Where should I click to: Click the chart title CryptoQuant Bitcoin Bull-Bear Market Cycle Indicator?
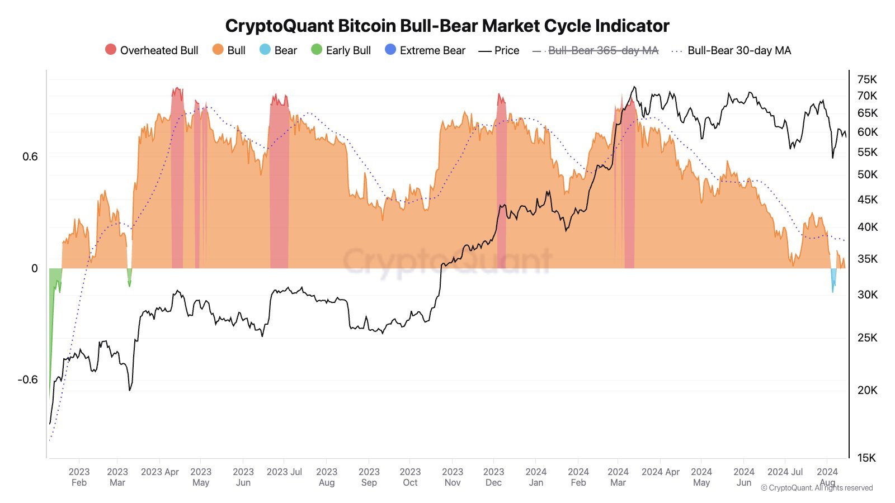click(447, 26)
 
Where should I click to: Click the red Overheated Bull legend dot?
click(111, 50)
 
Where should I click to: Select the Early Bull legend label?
click(348, 50)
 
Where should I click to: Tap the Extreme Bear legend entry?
click(432, 50)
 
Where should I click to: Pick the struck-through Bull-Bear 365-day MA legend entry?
click(603, 50)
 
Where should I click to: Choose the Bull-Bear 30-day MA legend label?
click(739, 50)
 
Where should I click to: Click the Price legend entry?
click(507, 50)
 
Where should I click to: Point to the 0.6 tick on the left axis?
click(30, 156)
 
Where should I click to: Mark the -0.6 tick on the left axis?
click(28, 379)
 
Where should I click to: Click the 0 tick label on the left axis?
click(35, 268)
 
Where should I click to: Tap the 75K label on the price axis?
click(867, 79)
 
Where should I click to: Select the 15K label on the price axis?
click(867, 458)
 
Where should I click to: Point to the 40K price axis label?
click(867, 227)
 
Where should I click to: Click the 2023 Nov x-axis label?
click(453, 477)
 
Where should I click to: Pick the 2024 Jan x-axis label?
click(536, 477)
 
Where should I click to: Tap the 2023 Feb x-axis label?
click(79, 477)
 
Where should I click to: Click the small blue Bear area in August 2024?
click(833, 278)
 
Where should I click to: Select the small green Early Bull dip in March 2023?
click(129, 276)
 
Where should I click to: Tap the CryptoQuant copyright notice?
click(817, 488)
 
